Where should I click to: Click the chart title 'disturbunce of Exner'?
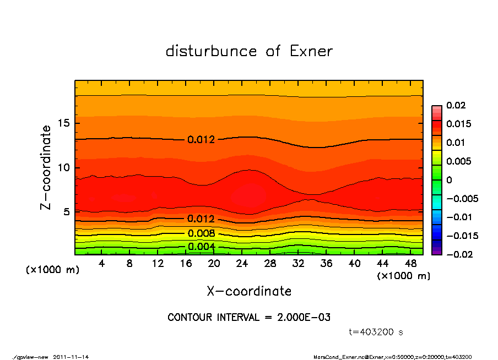coord(249,51)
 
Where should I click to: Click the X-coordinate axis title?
coord(249,291)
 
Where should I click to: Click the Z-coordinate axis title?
coord(46,167)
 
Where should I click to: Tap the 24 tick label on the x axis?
coord(242,264)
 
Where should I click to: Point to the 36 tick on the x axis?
coord(326,264)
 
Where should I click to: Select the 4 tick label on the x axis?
coord(102,264)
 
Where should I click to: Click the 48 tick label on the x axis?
coord(410,264)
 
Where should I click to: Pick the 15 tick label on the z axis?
coord(64,123)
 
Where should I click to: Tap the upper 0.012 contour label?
coord(201,139)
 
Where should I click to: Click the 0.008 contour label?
coord(201,233)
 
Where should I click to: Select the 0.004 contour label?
coord(201,246)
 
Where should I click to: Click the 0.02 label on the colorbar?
coord(456,105)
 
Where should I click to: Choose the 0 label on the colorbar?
coord(449,180)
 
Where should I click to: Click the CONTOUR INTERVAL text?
coord(249,318)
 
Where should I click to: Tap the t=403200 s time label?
coord(376,332)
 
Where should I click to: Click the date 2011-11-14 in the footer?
coord(71,357)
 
